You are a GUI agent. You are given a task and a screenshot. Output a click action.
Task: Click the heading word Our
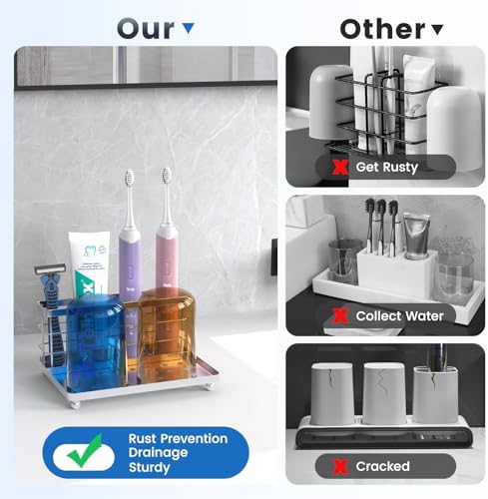[x=146, y=29]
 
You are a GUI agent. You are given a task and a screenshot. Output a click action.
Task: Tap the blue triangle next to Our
[x=189, y=28]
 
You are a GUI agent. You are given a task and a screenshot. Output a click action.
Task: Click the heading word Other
[x=382, y=29]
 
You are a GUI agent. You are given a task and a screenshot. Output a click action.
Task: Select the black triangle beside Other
[x=437, y=30]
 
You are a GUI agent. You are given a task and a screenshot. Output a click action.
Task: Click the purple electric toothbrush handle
[x=130, y=266]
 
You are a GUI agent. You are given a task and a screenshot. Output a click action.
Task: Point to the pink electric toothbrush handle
[x=167, y=256]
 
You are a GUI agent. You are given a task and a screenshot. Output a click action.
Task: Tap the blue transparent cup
[x=96, y=342]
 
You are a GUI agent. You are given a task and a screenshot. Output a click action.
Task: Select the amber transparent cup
[x=166, y=334]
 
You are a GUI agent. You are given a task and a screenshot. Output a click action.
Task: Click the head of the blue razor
[x=50, y=268]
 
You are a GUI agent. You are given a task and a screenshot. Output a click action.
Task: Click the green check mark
[x=85, y=450]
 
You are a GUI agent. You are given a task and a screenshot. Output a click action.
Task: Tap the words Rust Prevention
[x=178, y=439]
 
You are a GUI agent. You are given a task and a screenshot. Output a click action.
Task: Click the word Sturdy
[x=150, y=467]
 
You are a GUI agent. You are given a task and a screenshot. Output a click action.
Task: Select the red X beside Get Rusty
[x=340, y=168]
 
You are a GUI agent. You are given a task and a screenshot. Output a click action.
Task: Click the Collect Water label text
[x=399, y=316]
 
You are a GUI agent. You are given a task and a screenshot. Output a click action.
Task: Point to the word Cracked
[x=382, y=466]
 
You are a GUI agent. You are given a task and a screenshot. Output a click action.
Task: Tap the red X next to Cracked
[x=340, y=467]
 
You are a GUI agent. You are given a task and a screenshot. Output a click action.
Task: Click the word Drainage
[x=158, y=453]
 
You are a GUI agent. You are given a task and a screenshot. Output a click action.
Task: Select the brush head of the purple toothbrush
[x=129, y=179]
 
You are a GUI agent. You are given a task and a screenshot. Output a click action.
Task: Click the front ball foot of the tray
[x=75, y=405]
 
